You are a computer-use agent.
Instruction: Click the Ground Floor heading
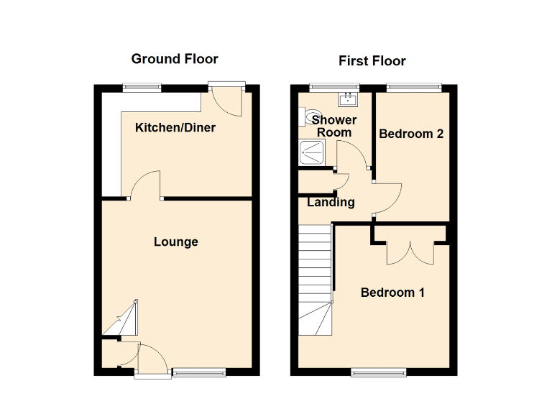(x=175, y=59)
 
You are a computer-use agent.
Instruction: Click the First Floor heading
(x=373, y=61)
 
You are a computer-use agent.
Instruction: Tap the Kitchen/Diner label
(x=175, y=128)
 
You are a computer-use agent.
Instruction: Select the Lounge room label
(x=175, y=241)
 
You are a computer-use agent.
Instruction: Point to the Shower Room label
(x=334, y=126)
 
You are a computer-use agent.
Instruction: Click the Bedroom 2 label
(x=411, y=134)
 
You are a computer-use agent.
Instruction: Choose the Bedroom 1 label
(x=392, y=293)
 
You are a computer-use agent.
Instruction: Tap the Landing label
(x=331, y=203)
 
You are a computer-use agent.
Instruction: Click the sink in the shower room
(x=349, y=98)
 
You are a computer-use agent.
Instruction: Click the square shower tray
(x=313, y=152)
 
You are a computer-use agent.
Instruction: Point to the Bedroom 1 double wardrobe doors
(x=410, y=253)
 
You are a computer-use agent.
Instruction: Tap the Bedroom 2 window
(x=413, y=88)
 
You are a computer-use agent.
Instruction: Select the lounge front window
(x=199, y=372)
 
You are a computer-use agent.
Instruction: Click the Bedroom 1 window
(x=378, y=372)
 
